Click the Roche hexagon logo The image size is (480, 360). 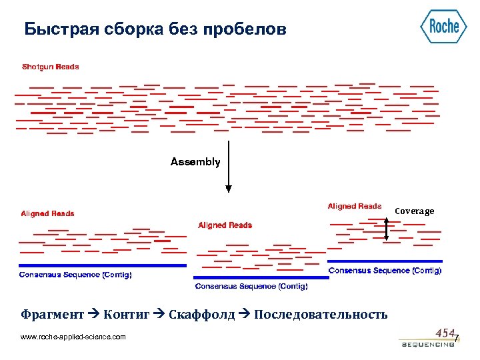point(443,27)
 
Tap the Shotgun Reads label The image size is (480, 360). point(50,67)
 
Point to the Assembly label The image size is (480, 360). point(195,162)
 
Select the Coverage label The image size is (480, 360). point(414,211)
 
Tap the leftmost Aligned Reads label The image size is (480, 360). point(47,214)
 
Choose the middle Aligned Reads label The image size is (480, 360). point(225,225)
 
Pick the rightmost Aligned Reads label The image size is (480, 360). point(355,207)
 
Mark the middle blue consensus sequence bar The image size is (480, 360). point(261,277)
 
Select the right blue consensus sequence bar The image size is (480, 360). point(385,261)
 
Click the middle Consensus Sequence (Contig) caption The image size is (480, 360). point(251,286)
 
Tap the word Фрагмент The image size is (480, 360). point(53,315)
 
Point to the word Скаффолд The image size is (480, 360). point(202,315)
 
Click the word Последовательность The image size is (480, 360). point(321,315)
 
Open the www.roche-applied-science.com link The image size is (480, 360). point(73,337)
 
